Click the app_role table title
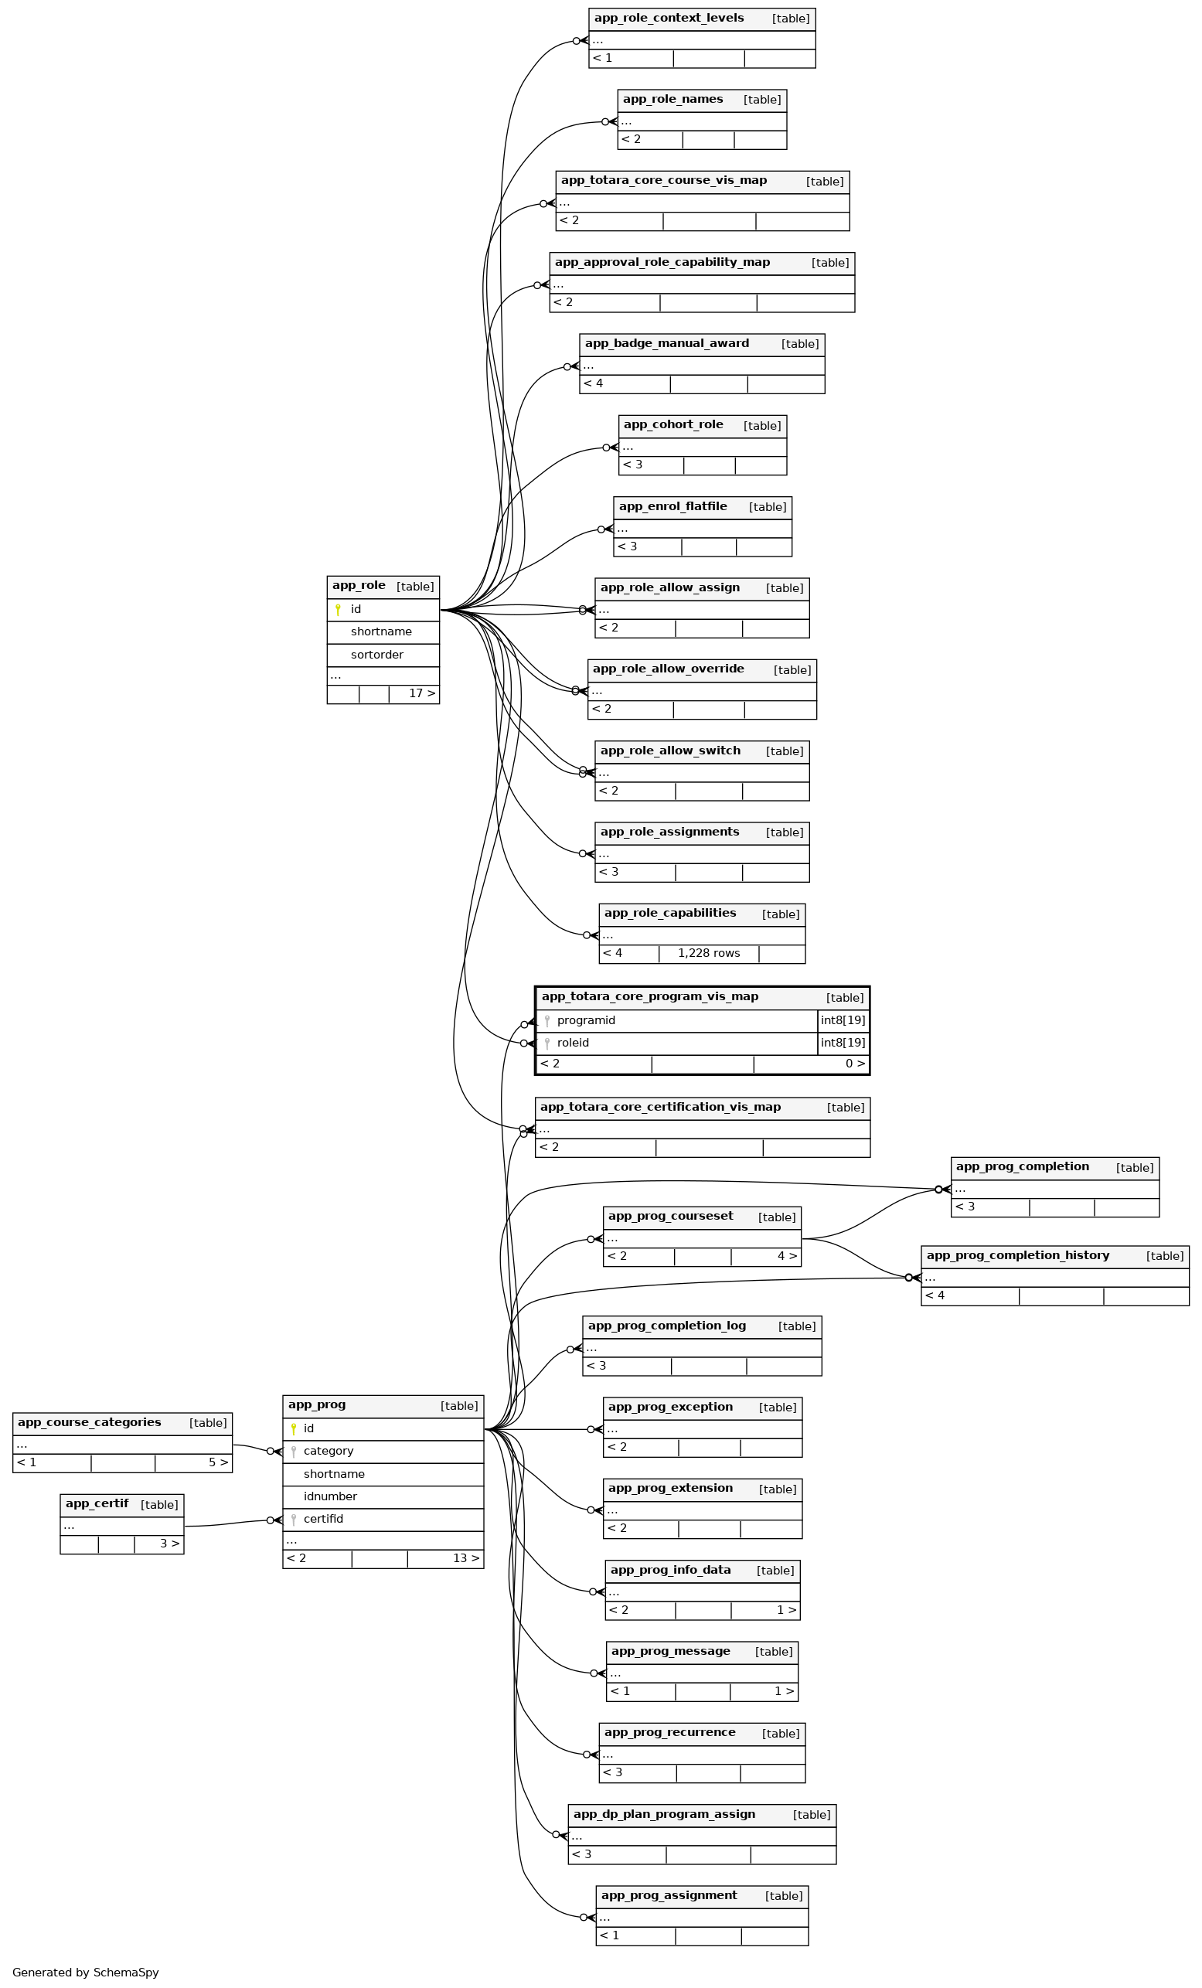pos(359,586)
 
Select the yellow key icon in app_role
pos(338,609)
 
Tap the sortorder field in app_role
pos(376,655)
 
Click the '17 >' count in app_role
pos(421,693)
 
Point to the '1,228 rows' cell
pos(708,953)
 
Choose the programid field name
pos(586,1020)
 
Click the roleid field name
pos(573,1043)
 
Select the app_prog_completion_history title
pos(1017,1255)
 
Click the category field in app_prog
pos(329,1451)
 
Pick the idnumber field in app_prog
pos(330,1496)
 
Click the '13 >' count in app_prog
pos(465,1558)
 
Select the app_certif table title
pos(97,1504)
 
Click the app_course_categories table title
pos(90,1422)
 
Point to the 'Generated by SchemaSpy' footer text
pos(86,1972)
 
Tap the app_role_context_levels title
pos(669,18)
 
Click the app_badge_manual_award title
pos(666,344)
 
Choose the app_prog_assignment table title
pos(669,1895)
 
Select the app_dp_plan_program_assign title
pos(664,1814)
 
